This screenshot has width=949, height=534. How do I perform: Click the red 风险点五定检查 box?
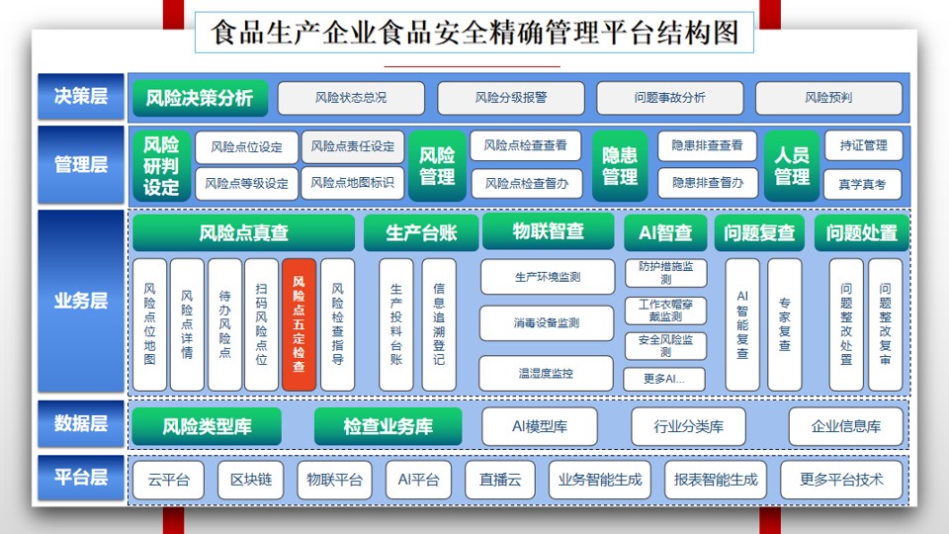[299, 324]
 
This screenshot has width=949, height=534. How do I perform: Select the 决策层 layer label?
[80, 96]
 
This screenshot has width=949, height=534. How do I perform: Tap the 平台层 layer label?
[80, 478]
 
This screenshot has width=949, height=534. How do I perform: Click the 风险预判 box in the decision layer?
[828, 98]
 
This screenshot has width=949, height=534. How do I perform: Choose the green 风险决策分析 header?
[199, 98]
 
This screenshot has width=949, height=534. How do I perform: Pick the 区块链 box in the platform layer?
[250, 481]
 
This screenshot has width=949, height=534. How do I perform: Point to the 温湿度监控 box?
[546, 373]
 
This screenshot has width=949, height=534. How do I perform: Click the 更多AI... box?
[664, 379]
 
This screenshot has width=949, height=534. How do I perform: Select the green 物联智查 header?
[548, 231]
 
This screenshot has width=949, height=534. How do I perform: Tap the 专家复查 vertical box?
[784, 324]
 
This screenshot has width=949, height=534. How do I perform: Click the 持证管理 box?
[864, 146]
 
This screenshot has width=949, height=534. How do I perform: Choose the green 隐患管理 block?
[620, 166]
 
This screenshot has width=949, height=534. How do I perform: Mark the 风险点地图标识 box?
[352, 183]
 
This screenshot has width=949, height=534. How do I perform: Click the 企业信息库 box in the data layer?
[845, 427]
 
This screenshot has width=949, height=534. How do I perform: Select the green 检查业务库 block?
[388, 427]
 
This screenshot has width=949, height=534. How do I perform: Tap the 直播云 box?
[500, 481]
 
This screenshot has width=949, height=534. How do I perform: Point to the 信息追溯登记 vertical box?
[439, 324]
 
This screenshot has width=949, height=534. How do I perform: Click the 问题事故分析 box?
[670, 98]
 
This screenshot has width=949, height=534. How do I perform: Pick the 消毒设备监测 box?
[547, 323]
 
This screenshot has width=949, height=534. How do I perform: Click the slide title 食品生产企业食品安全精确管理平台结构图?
[474, 33]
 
